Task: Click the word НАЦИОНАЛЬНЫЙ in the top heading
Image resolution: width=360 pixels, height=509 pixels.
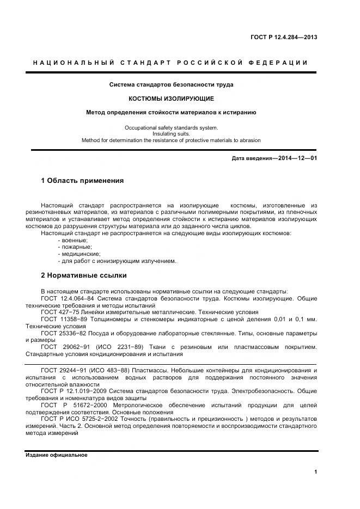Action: [x=74, y=63]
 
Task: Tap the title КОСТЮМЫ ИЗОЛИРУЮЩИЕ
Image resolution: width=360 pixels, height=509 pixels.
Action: [x=171, y=99]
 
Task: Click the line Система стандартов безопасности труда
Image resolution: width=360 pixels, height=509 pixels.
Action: [x=171, y=84]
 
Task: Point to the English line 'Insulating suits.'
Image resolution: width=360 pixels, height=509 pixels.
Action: [x=171, y=134]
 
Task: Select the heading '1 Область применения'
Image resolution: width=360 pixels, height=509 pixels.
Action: [x=82, y=181]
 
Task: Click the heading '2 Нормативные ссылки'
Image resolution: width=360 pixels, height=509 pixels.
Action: [x=83, y=275]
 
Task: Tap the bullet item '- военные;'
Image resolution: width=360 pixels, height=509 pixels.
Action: [x=72, y=240]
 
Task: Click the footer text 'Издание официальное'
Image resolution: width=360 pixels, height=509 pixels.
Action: [x=56, y=455]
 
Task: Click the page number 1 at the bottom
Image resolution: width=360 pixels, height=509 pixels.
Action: [x=315, y=472]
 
